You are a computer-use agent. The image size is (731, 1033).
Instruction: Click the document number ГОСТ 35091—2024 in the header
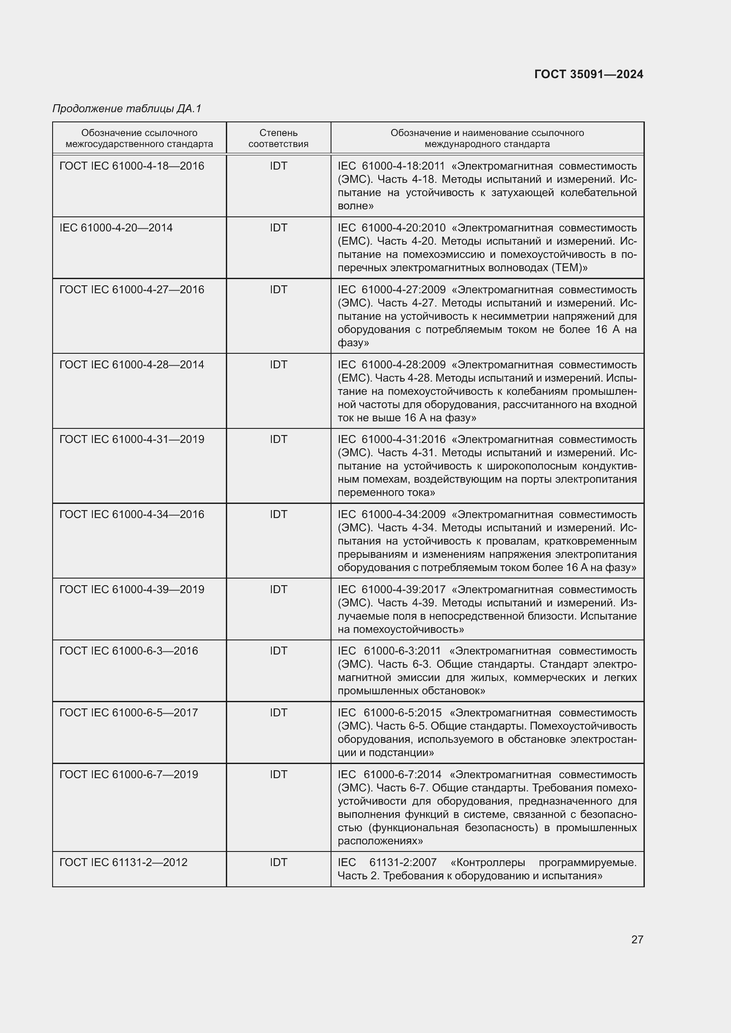point(588,74)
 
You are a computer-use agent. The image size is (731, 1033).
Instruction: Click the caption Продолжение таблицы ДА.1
point(127,109)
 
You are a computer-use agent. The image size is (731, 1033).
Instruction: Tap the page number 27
point(637,939)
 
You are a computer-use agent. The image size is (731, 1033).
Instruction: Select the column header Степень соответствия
point(278,139)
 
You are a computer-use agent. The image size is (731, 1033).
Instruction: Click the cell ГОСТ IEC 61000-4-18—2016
point(131,166)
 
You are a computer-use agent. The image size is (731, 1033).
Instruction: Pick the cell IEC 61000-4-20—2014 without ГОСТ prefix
point(116,227)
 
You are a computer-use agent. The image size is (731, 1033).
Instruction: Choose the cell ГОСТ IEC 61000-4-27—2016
point(131,290)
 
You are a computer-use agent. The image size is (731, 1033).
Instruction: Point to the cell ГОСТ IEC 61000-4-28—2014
point(131,364)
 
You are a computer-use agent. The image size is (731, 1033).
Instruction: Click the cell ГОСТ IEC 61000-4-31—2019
point(131,439)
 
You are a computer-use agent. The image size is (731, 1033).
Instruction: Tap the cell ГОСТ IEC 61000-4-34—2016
point(131,514)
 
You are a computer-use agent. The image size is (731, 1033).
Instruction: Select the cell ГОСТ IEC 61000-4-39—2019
point(131,590)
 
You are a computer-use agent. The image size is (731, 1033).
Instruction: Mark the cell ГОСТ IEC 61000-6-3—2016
point(128,651)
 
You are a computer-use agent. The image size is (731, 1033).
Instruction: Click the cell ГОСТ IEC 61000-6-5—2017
point(128,713)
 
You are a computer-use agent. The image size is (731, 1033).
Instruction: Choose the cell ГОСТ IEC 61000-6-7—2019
point(128,774)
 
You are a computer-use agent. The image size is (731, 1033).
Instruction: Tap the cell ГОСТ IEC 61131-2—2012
point(123,863)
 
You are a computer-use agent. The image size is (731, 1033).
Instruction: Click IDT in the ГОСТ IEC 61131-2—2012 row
point(278,863)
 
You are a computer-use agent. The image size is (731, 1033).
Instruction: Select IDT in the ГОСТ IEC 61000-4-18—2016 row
point(278,166)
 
